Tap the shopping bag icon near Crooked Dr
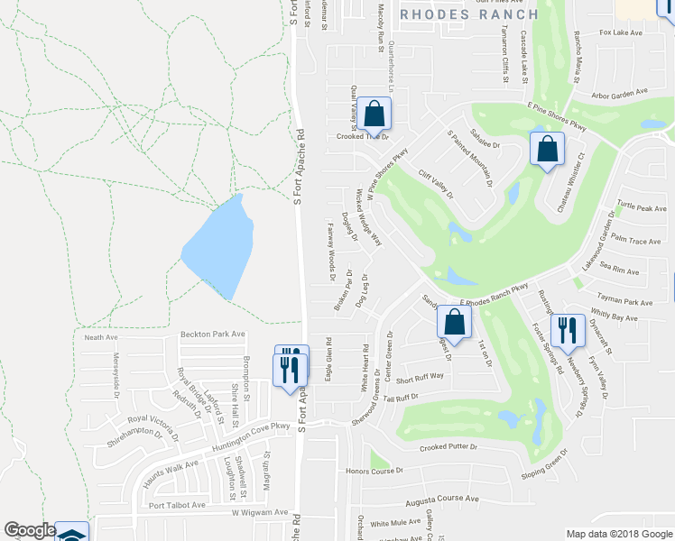374,115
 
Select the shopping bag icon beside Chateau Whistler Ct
547,151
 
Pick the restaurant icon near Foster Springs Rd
567,332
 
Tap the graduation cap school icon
71,534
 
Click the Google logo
30,531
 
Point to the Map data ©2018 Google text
619,534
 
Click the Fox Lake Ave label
621,32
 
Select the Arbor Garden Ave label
620,92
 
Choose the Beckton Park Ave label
213,335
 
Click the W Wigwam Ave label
258,512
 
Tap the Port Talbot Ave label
177,505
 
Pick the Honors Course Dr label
374,472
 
